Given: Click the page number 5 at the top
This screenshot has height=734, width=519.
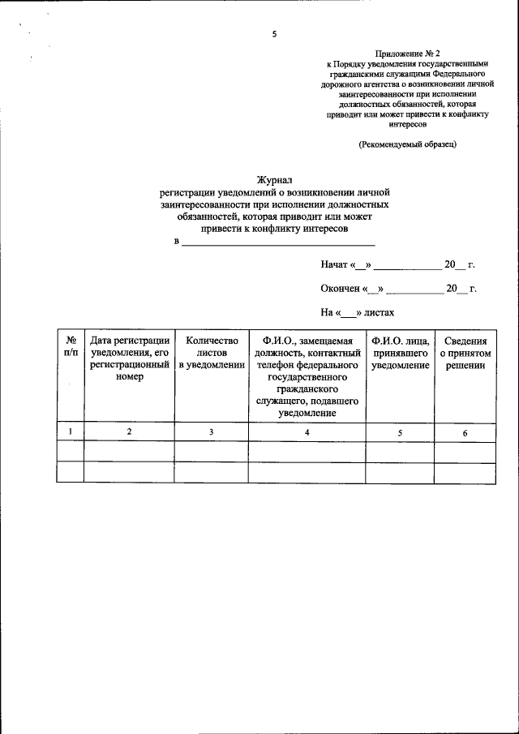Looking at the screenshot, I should point(274,35).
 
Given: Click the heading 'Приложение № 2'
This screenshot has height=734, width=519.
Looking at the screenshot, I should point(408,51).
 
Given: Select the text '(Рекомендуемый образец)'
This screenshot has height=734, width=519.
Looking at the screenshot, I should point(408,144).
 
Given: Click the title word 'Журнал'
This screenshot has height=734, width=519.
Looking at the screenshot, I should point(274,180).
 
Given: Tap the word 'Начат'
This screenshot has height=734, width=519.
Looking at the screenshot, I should point(334,265).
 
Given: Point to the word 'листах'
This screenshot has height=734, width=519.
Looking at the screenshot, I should point(379,311).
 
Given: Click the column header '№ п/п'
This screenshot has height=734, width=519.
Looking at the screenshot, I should point(71,346).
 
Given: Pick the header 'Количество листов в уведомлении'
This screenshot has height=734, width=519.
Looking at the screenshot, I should point(211,353).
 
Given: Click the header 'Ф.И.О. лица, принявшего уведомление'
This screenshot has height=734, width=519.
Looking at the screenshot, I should point(400,353).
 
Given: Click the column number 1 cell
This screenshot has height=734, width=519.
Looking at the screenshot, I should point(71,432).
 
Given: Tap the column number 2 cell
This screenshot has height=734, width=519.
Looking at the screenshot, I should point(130,432).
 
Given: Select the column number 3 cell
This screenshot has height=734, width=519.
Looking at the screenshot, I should point(211,432).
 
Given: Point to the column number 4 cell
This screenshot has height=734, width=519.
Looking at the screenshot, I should point(307,432).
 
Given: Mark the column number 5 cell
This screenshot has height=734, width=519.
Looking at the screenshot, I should point(400,433).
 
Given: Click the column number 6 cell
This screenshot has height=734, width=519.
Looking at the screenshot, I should point(465,433).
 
